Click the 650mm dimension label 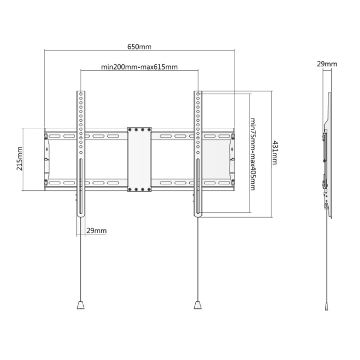(x=139, y=47)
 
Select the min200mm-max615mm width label (x=139, y=67)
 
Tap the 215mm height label (x=20, y=159)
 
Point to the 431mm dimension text (x=275, y=153)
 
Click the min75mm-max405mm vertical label (x=253, y=154)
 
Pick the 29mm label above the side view (x=327, y=64)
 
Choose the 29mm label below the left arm (x=96, y=231)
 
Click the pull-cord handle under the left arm (x=80, y=305)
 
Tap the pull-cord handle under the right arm (x=198, y=305)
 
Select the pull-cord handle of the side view (x=326, y=307)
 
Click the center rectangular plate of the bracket (x=139, y=159)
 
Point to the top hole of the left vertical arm (x=81, y=94)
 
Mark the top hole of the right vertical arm (x=198, y=94)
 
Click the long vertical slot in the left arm (x=80, y=187)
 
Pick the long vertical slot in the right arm (x=198, y=187)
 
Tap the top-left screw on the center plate (x=130, y=130)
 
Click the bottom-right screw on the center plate (x=149, y=189)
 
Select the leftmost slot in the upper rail (x=54, y=136)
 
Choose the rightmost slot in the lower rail (x=224, y=183)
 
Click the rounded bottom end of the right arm (x=198, y=215)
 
